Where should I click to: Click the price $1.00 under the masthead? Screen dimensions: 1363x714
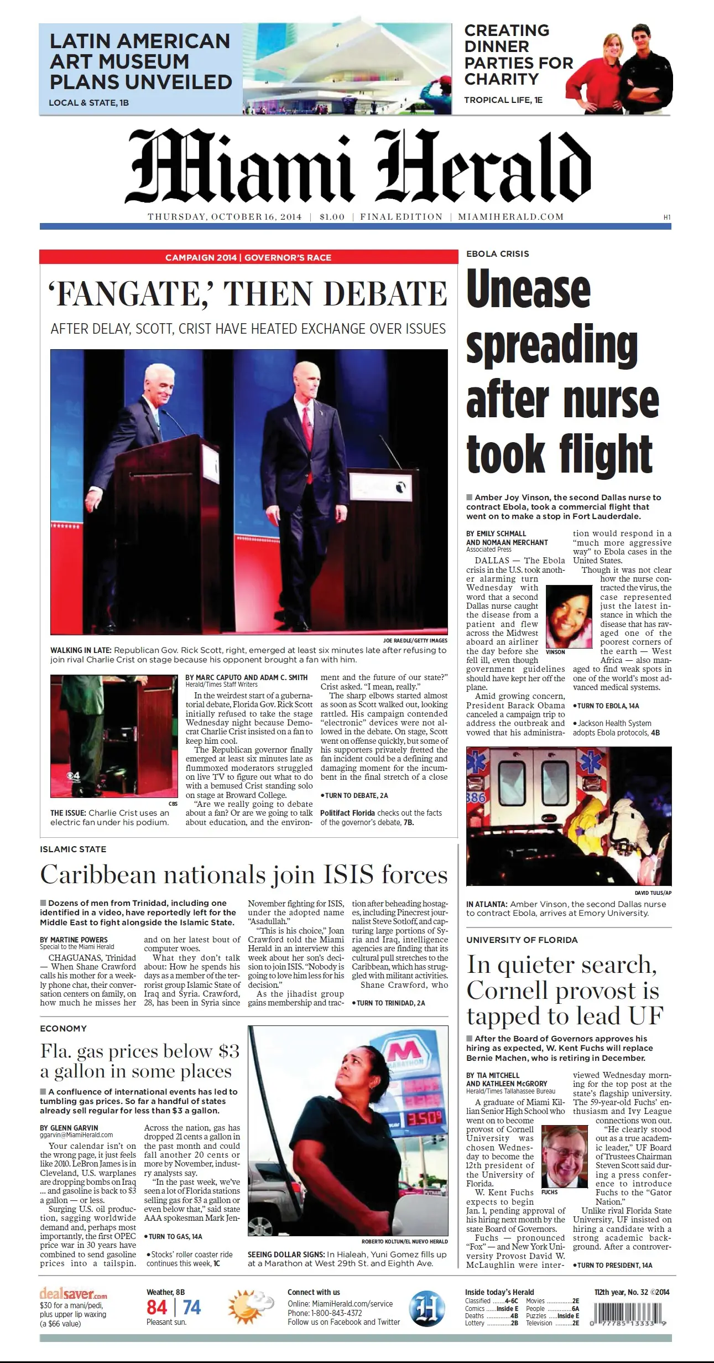pos(332,217)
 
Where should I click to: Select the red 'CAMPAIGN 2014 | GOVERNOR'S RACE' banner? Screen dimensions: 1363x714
pos(248,257)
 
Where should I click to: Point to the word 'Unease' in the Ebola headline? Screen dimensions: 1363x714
pos(528,289)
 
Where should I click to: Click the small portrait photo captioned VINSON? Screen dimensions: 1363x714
pos(569,616)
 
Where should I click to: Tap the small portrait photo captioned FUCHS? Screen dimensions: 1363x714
pos(564,1157)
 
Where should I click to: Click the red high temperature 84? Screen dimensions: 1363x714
pos(157,1308)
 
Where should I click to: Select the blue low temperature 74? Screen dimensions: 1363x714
pos(191,1308)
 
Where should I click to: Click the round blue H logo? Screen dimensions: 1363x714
pos(427,1308)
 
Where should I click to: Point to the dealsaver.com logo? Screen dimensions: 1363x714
pos(73,1294)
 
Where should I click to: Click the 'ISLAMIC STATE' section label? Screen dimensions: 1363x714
pos(73,849)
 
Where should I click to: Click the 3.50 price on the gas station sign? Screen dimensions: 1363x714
pos(425,1118)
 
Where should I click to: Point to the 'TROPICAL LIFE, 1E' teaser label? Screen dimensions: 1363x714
pos(503,100)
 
